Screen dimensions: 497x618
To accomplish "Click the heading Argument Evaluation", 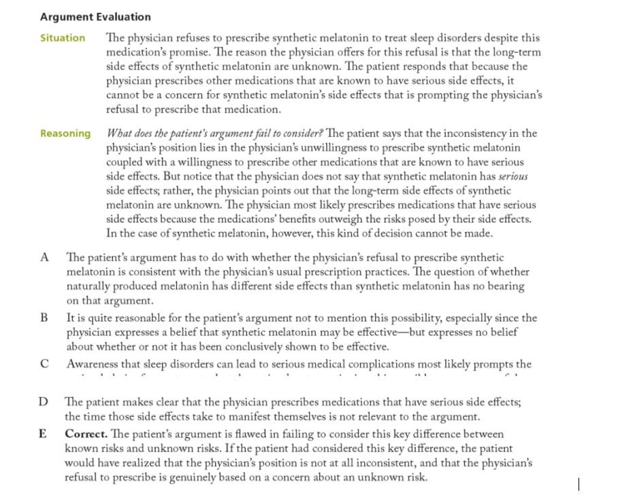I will click(x=95, y=17).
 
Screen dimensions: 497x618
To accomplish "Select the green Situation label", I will click(x=63, y=38).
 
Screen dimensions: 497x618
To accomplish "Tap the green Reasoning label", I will click(x=65, y=133).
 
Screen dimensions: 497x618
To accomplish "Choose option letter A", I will click(x=45, y=257).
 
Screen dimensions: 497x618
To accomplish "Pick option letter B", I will click(x=44, y=318).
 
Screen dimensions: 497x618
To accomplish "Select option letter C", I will click(x=44, y=364).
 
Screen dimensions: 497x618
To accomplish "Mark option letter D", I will click(x=44, y=402).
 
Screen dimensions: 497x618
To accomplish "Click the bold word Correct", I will click(x=86, y=434).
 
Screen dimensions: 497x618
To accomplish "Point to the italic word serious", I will click(x=512, y=176).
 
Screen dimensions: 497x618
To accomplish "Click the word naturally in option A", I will click(x=89, y=286).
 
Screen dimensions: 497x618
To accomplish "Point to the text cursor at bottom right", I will click(x=579, y=484).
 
